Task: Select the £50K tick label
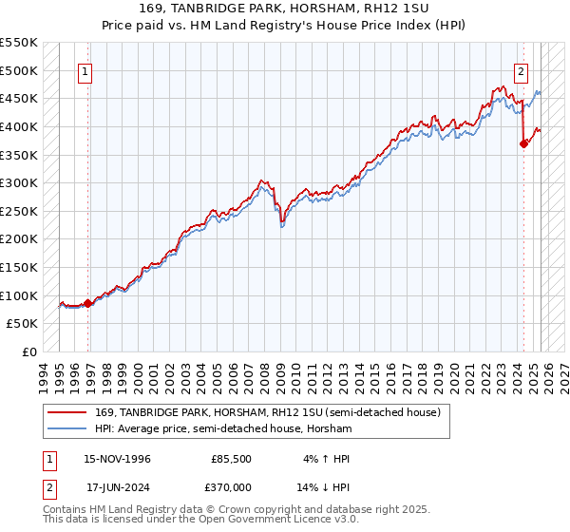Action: point(22,324)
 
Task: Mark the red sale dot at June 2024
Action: point(523,143)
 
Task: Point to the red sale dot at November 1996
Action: point(88,303)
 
